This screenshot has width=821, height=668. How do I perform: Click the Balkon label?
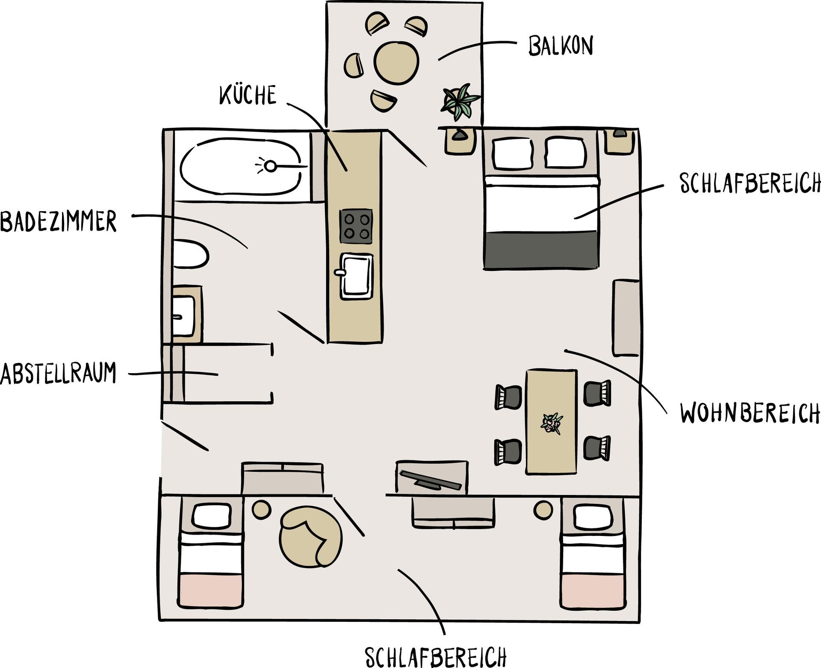coord(561,46)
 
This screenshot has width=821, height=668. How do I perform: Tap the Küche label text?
coord(248,95)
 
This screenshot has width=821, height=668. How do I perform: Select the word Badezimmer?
coord(58,221)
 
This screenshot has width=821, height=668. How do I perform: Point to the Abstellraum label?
coord(58,373)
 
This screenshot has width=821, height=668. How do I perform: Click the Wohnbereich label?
coord(750,412)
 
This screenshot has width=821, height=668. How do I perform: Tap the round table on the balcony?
coord(396,62)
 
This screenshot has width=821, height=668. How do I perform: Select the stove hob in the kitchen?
coord(356,227)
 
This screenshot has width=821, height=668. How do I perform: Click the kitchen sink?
coord(355,276)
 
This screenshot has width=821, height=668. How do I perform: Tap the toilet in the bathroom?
coord(190,255)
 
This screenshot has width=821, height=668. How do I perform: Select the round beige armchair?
coord(310,537)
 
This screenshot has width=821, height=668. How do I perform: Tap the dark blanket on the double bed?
coord(541,250)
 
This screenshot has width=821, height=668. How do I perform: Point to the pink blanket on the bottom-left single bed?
coord(210,590)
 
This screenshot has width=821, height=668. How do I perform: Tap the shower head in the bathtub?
coord(270,166)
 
